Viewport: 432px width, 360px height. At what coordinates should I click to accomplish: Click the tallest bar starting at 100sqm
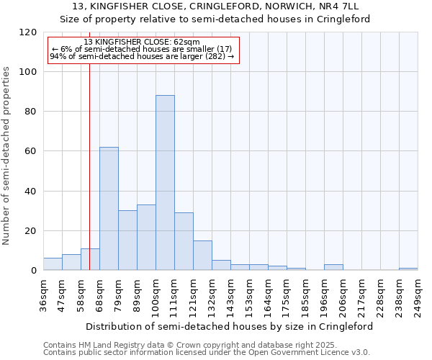[x=165, y=183]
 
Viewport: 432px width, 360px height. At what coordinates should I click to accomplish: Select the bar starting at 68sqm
[x=109, y=209]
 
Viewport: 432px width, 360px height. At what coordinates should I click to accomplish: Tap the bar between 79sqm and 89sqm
[x=127, y=240]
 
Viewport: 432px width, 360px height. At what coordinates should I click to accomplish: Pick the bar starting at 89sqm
[x=146, y=238]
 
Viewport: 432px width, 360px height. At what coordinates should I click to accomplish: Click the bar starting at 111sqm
[x=184, y=242]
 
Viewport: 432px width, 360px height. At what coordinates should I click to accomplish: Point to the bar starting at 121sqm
[x=202, y=256]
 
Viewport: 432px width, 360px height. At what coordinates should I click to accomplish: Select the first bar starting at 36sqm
[x=53, y=264]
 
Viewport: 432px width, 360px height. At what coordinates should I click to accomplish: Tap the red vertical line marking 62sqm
[x=89, y=158]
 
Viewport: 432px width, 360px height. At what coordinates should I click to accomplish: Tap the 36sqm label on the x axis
[x=44, y=294]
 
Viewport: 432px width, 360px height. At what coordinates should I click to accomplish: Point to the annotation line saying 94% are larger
[x=143, y=56]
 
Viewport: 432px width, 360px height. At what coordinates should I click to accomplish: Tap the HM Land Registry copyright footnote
[x=206, y=345]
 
